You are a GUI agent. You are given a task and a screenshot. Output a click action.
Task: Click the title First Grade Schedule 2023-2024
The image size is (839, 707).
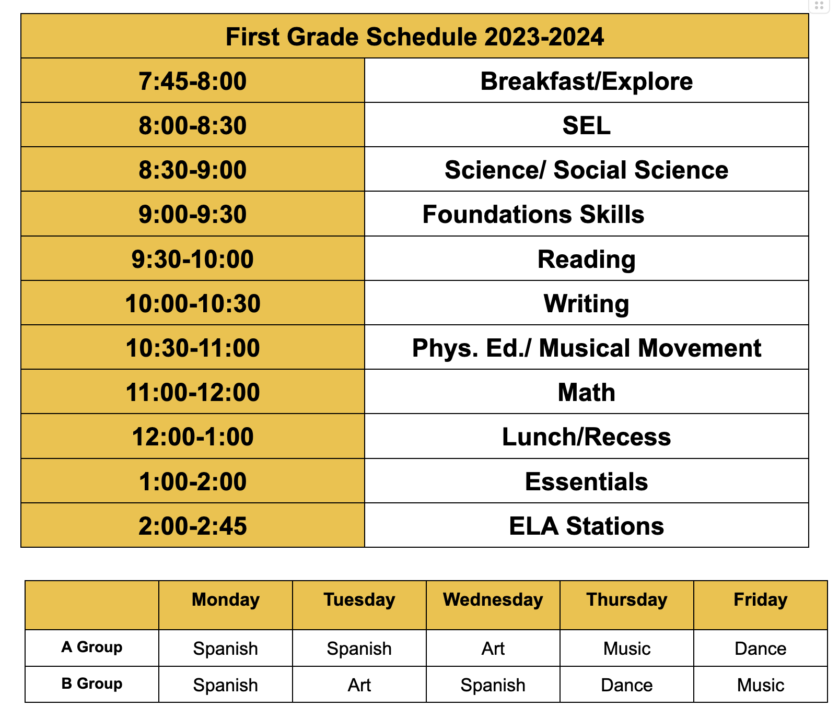pos(414,37)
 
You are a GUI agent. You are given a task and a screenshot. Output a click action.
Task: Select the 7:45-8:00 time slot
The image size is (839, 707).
pos(192,81)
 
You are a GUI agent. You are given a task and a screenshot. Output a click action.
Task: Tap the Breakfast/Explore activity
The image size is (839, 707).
pos(586,81)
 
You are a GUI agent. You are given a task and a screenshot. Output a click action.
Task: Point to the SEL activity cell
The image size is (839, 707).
pos(586,126)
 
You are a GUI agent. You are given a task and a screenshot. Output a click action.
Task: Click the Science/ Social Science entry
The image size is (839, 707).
pos(586,170)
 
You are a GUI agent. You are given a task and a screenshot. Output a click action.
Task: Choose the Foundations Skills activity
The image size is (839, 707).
pos(533,215)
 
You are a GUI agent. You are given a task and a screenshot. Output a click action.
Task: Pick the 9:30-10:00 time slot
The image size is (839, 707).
pos(192,260)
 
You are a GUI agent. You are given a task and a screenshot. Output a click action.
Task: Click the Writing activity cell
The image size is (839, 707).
pos(586,304)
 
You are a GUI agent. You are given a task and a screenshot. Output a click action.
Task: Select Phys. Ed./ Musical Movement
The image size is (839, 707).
pos(586,348)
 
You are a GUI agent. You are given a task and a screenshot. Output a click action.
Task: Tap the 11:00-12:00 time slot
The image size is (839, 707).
pos(192,393)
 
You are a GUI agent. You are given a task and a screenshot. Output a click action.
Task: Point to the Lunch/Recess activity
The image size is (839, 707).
pos(586,437)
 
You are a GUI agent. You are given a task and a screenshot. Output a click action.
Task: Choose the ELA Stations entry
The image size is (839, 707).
pos(586,526)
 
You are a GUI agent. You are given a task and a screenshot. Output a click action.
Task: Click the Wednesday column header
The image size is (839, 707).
pos(493,600)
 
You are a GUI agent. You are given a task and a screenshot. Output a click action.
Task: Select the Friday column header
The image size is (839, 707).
pos(760,600)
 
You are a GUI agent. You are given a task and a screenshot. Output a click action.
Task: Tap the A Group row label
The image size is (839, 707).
pos(92,647)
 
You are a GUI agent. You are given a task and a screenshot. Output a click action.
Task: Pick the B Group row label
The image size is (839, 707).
pos(92,684)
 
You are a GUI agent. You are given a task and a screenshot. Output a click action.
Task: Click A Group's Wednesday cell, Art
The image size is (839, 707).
pos(493,649)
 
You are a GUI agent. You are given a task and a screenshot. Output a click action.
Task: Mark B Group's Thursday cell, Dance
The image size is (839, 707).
pos(626,685)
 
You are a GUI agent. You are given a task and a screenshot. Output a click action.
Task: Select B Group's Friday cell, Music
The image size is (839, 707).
pos(760,685)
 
